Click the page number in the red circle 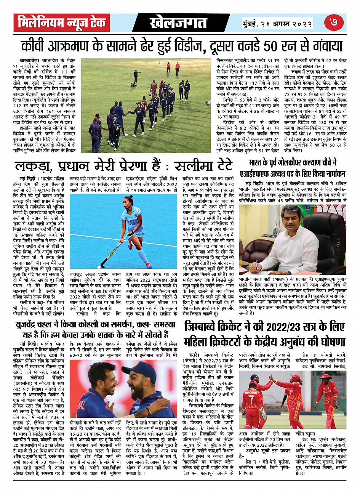click(x=334, y=22)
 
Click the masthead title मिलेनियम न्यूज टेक click(x=62, y=23)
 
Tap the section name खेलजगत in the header click(x=178, y=23)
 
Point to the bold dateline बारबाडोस click(x=29, y=61)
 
